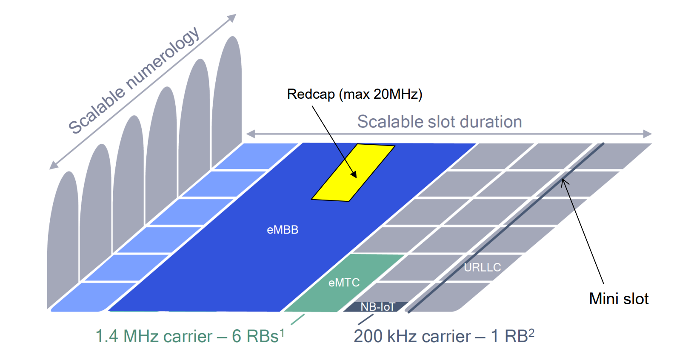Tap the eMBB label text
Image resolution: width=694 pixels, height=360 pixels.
click(283, 230)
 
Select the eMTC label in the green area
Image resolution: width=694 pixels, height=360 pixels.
click(344, 283)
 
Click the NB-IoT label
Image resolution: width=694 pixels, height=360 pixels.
click(378, 307)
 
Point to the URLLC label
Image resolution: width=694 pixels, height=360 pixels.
click(482, 267)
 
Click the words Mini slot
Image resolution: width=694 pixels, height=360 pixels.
click(619, 299)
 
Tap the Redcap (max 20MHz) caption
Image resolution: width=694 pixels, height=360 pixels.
click(354, 94)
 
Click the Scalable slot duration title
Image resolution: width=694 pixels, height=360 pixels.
click(439, 122)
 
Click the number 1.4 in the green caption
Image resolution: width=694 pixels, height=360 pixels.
click(107, 337)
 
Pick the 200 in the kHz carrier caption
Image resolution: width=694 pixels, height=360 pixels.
click(368, 337)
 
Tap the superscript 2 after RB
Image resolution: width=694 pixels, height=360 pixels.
click(531, 332)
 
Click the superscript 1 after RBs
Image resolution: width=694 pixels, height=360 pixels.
click(282, 332)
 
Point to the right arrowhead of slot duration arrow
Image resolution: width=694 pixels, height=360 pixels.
click(647, 134)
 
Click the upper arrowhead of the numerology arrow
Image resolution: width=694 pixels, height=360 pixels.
click(232, 18)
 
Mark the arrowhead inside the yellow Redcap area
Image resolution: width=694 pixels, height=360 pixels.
click(354, 174)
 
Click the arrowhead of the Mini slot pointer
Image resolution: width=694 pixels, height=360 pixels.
click(564, 182)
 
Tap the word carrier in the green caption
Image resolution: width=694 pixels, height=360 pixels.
click(188, 337)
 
